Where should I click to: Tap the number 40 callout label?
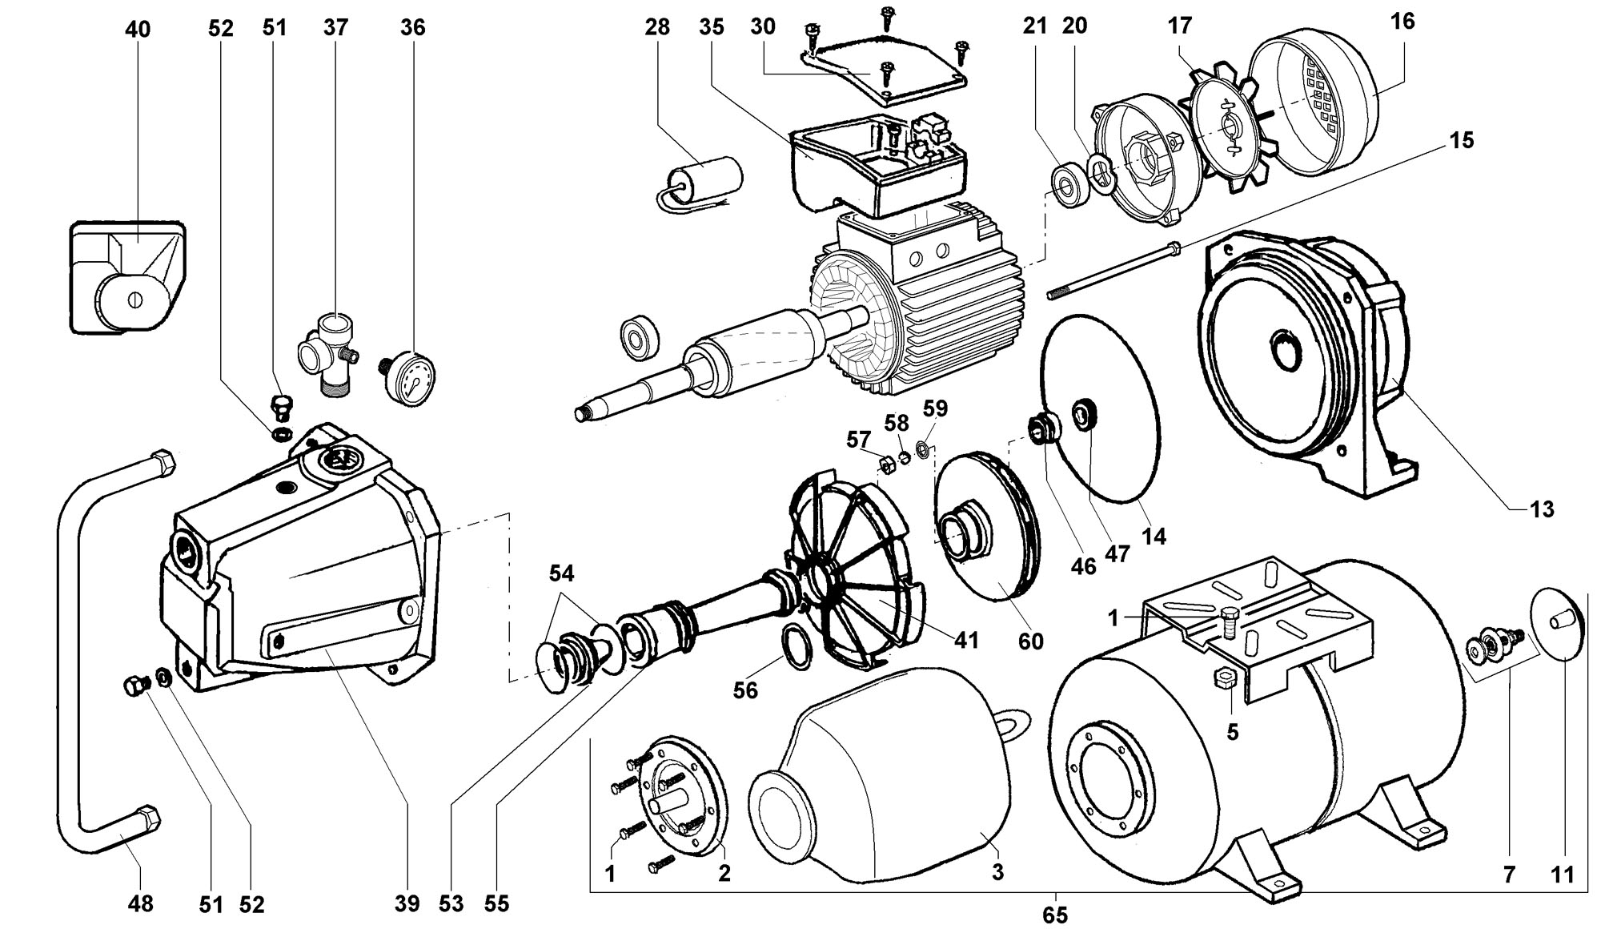point(138,30)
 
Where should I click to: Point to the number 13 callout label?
point(1541,509)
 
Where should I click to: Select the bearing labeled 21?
point(1069,186)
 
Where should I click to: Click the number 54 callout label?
point(561,573)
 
